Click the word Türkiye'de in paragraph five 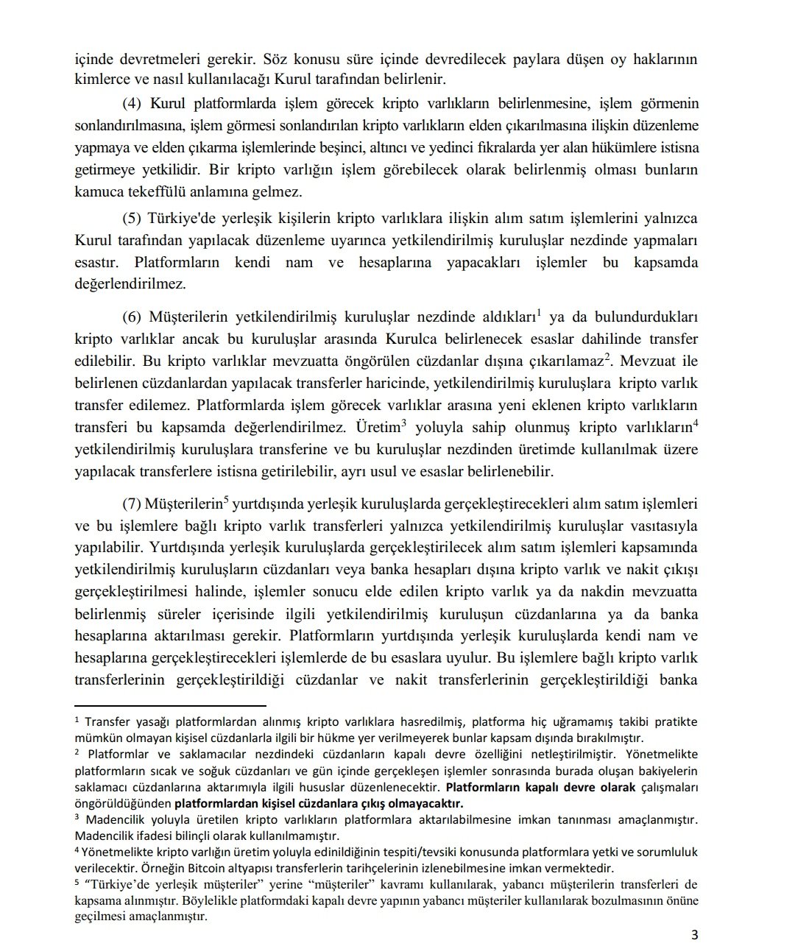click(x=180, y=219)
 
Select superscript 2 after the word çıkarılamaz click(x=607, y=356)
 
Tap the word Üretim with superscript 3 click(x=378, y=428)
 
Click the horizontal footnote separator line click(x=170, y=704)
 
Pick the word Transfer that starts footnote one click(x=109, y=721)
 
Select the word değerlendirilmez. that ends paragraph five click(x=130, y=284)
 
